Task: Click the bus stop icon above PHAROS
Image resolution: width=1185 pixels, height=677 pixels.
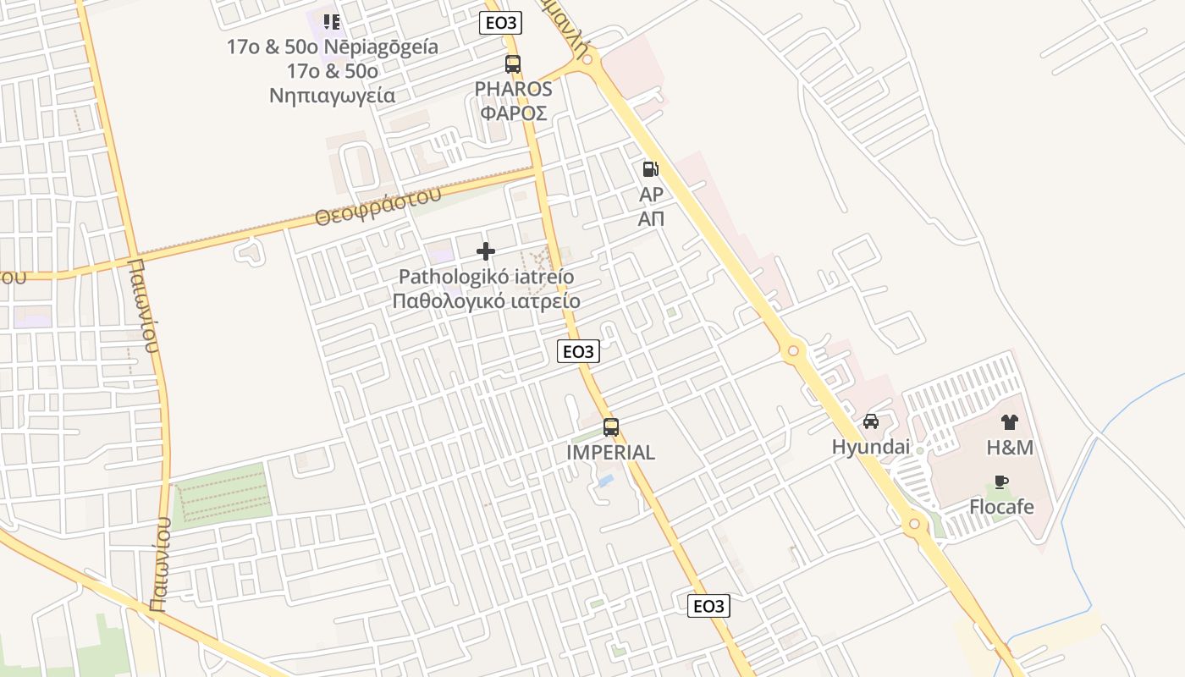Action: coord(513,63)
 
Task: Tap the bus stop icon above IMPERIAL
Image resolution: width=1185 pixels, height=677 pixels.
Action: coord(611,427)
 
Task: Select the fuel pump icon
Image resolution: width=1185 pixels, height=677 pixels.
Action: coord(650,169)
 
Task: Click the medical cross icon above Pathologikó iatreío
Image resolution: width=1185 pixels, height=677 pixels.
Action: coord(486,251)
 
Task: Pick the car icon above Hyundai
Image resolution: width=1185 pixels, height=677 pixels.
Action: coord(870,421)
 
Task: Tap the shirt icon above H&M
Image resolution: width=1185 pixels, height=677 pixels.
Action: coord(1009,422)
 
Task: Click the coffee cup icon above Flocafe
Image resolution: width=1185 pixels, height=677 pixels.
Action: coord(1001,482)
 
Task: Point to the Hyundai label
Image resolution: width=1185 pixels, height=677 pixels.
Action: coord(870,448)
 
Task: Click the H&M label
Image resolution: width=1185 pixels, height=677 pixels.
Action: coord(1010,448)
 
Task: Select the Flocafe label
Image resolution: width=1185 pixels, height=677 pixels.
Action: coord(1001,507)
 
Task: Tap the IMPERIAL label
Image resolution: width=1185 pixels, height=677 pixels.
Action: coord(610,453)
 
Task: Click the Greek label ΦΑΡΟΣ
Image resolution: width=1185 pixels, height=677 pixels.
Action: coord(513,113)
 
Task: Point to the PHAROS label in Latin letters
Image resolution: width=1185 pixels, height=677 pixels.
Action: coord(513,89)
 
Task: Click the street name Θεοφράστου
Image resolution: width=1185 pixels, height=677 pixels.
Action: coord(378,206)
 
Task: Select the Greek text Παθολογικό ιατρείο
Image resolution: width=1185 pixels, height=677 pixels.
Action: coord(486,301)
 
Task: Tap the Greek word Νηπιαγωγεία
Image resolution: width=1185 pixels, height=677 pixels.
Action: coord(332,95)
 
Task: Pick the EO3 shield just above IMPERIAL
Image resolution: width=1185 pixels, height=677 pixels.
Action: coord(578,351)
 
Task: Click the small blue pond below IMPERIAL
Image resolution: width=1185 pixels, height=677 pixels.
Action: coord(605,481)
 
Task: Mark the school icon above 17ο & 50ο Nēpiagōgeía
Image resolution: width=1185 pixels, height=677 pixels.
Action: coord(331,21)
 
